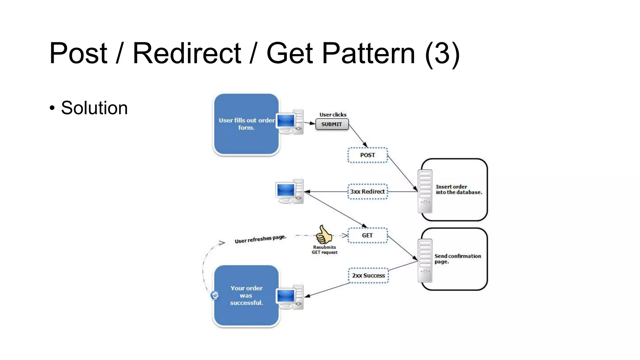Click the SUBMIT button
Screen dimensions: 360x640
(332, 124)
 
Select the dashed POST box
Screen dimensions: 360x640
(367, 155)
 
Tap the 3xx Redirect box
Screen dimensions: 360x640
(367, 192)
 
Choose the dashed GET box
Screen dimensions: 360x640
(367, 235)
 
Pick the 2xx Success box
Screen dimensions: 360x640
(368, 275)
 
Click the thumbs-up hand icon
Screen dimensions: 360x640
(324, 235)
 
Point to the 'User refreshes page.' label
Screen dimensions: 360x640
(260, 239)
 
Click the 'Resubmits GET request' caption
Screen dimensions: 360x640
(324, 250)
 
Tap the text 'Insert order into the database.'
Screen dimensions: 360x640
(458, 189)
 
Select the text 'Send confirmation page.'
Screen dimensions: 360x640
(457, 259)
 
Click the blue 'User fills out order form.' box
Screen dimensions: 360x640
(246, 124)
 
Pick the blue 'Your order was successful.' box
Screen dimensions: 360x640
(246, 295)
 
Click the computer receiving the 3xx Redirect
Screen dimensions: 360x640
(289, 192)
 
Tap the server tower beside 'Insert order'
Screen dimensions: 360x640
(425, 191)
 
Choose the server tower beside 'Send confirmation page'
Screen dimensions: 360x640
(425, 261)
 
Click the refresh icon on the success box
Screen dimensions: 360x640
(215, 295)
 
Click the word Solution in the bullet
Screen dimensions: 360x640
(94, 108)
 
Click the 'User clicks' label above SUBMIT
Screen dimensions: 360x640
(333, 115)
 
